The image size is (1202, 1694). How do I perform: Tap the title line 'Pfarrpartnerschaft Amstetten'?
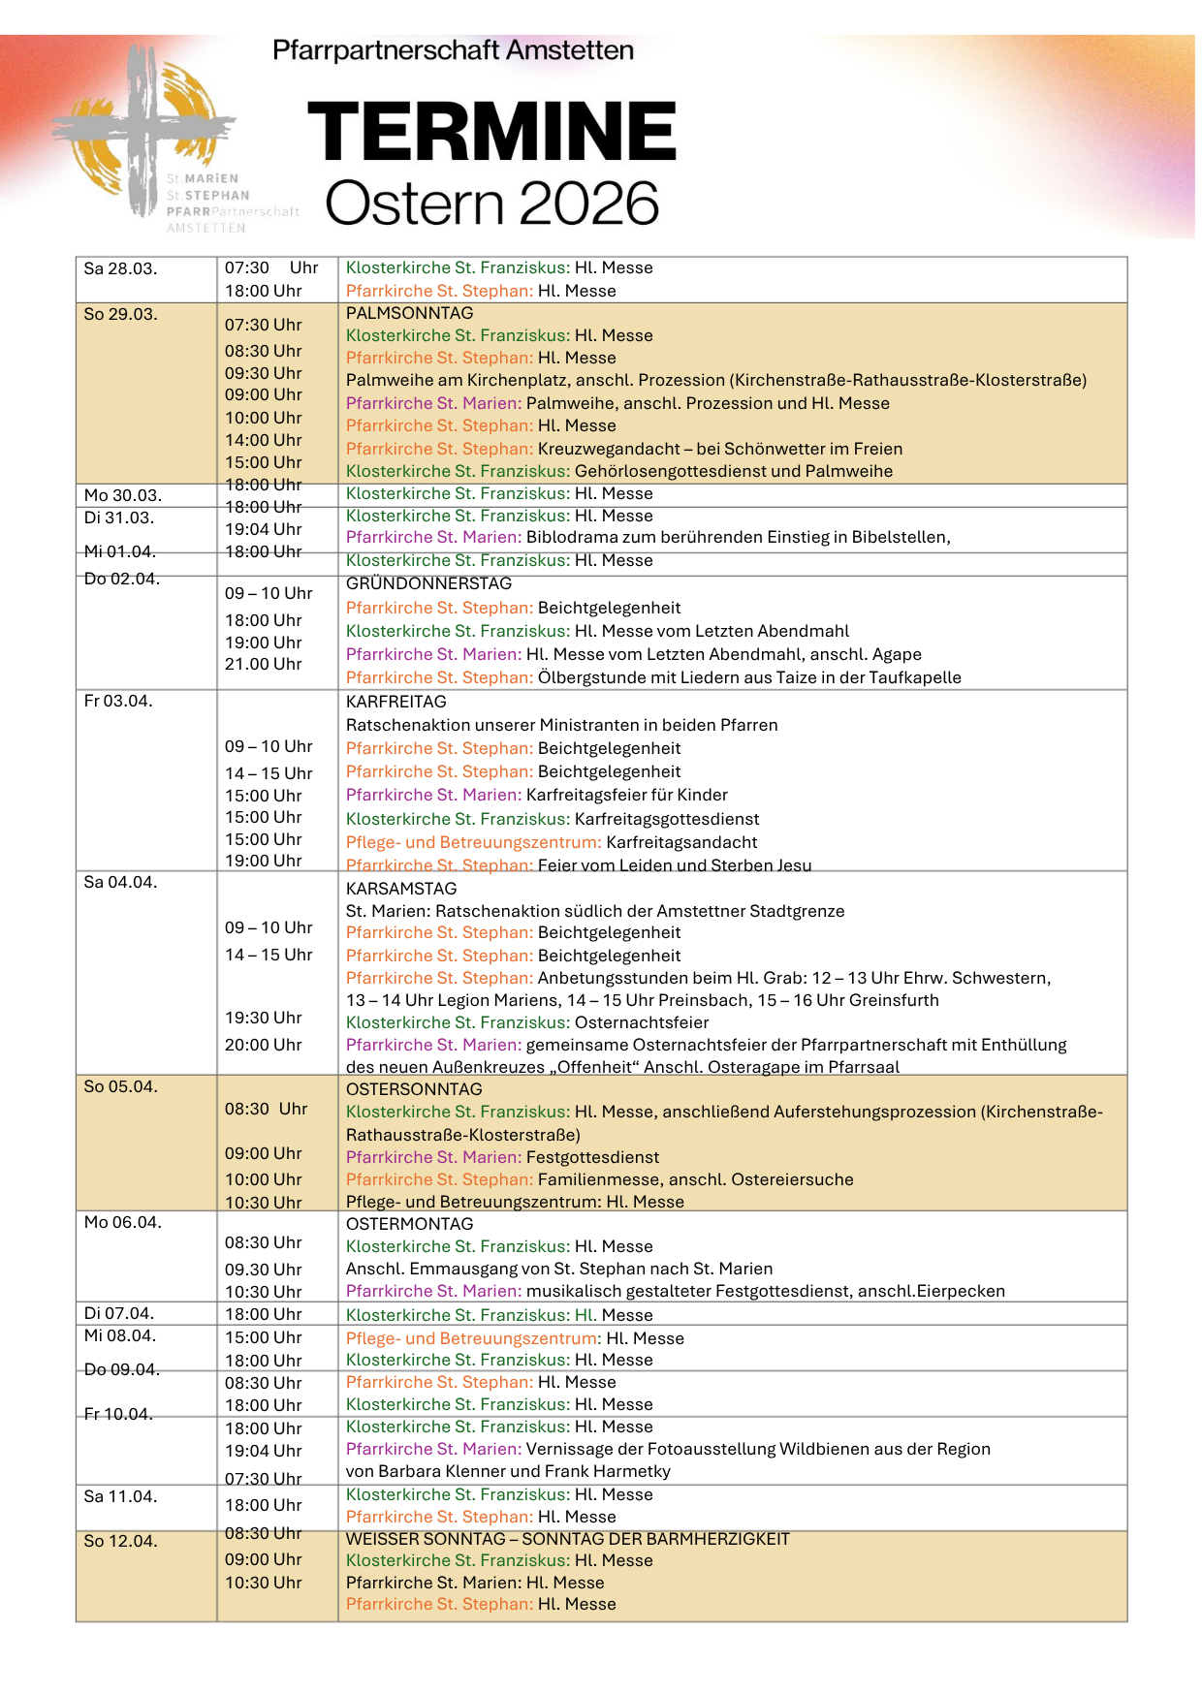tap(453, 50)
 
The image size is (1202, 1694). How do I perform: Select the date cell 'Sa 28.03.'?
tap(120, 268)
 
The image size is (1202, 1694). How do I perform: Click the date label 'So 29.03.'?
tap(120, 314)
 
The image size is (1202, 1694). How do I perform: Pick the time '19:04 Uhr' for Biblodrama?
tap(263, 529)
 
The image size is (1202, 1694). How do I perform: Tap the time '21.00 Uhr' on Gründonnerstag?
tap(263, 664)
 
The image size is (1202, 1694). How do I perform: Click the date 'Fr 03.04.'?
tap(118, 701)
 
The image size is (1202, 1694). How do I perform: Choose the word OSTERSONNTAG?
tap(414, 1089)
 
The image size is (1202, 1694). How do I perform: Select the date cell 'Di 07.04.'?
tap(119, 1313)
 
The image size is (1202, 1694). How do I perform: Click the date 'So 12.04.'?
tap(120, 1541)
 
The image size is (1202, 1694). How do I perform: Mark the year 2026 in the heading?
tap(588, 204)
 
